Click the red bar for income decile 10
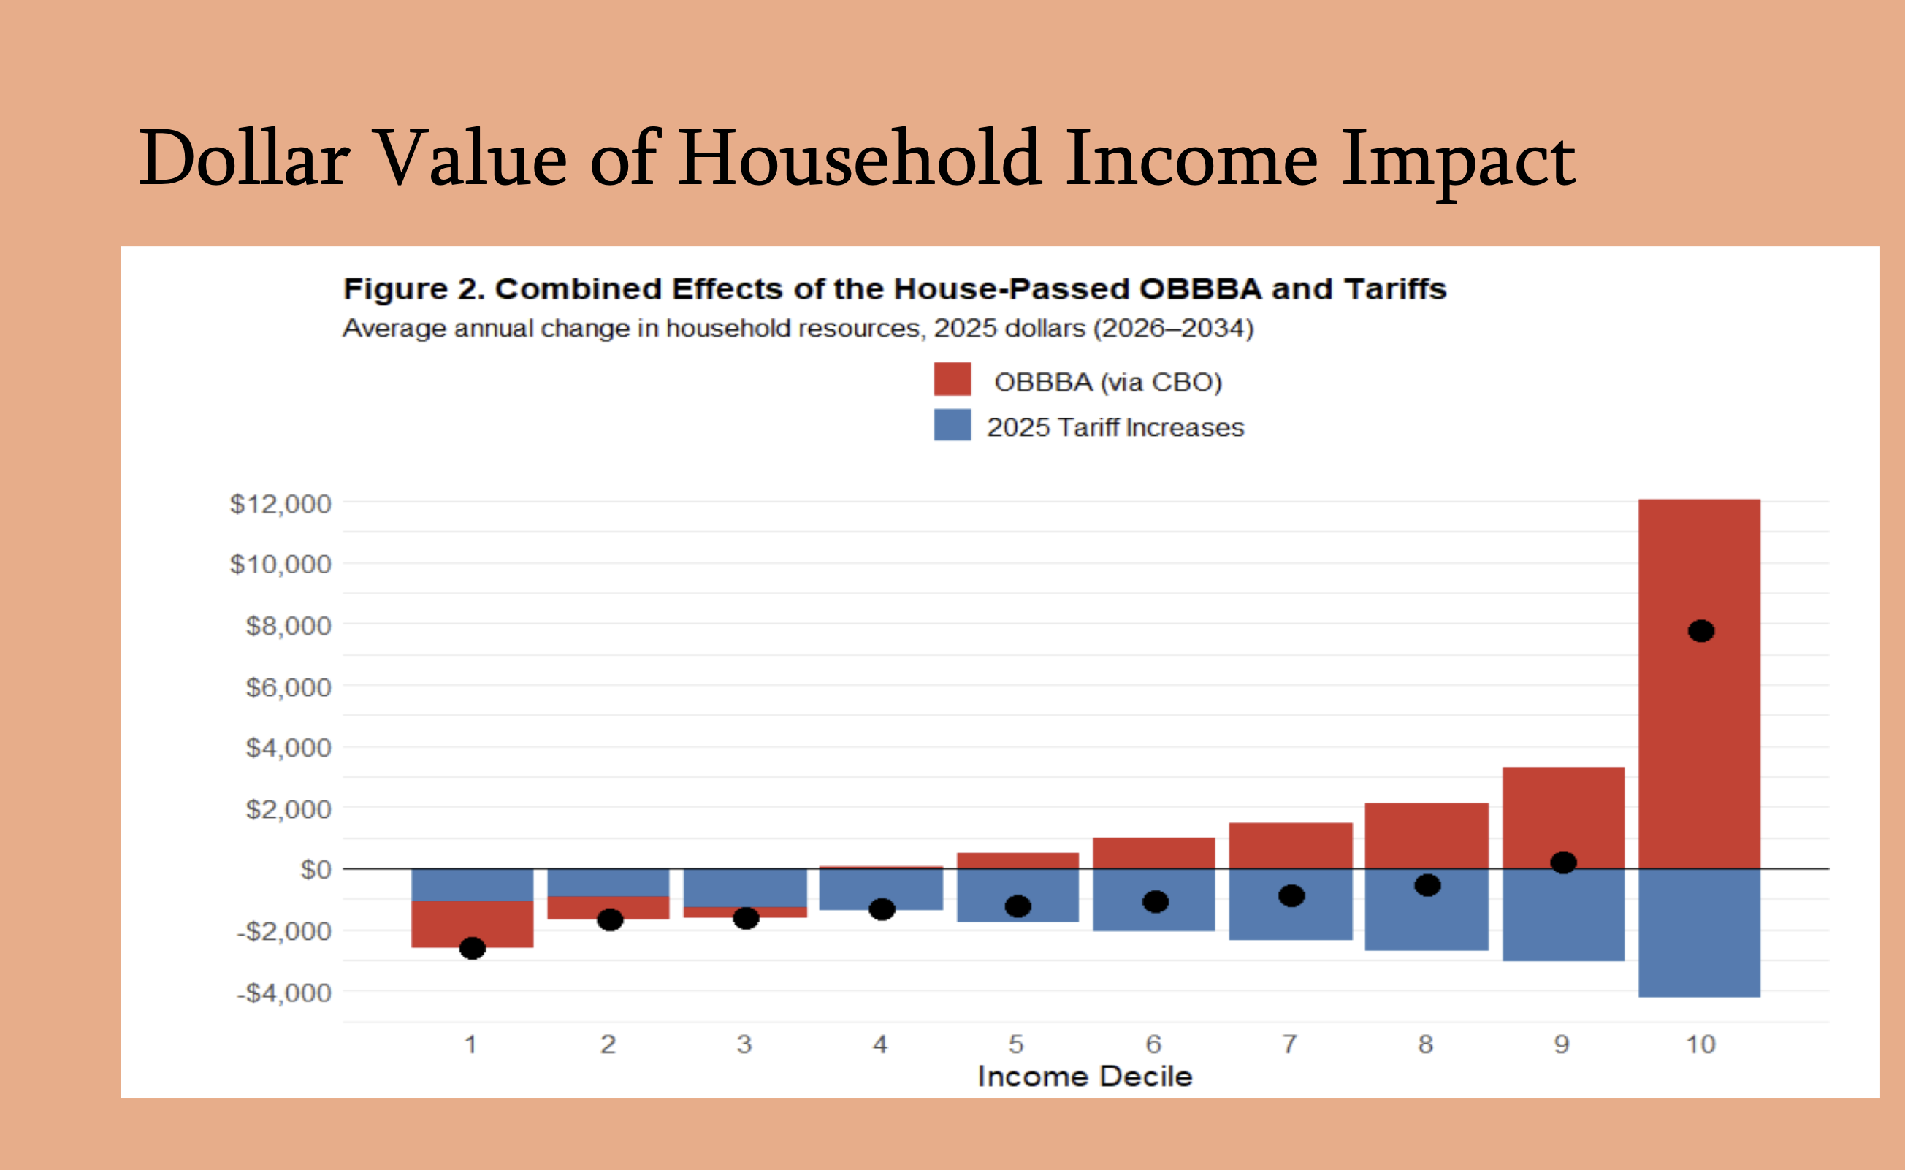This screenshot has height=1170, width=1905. [1699, 735]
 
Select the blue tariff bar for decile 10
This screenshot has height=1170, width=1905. [1699, 933]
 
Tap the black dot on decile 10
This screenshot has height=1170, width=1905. [1700, 631]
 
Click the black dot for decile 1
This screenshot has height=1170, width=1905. [472, 948]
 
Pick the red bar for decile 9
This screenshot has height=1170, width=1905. [1563, 812]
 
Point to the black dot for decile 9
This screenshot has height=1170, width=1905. [1563, 862]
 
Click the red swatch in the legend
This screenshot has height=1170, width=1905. [952, 379]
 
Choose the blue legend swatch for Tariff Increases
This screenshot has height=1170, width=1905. [952, 425]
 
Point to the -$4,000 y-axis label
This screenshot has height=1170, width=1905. [284, 992]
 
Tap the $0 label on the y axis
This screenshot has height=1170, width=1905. [315, 870]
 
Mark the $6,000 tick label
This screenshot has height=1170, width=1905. [288, 687]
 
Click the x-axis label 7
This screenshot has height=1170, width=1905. [1290, 1044]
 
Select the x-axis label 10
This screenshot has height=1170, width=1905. [1700, 1044]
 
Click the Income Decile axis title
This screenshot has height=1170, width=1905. [1085, 1077]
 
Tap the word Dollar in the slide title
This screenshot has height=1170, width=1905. [244, 158]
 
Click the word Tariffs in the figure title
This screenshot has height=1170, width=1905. [1395, 288]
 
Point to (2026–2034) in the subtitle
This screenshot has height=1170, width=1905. [1173, 328]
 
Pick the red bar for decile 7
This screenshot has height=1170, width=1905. [1291, 845]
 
